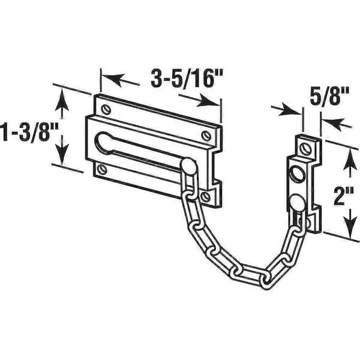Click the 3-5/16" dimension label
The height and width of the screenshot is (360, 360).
187,78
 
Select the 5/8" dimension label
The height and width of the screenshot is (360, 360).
329,96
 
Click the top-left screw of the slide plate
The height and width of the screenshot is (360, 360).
106,109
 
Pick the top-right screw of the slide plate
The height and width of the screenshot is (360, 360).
206,136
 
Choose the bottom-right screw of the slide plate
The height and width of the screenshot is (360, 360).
205,197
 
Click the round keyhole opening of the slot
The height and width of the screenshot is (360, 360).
104,142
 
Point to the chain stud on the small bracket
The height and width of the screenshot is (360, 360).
298,203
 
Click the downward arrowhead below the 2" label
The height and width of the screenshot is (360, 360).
350,227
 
